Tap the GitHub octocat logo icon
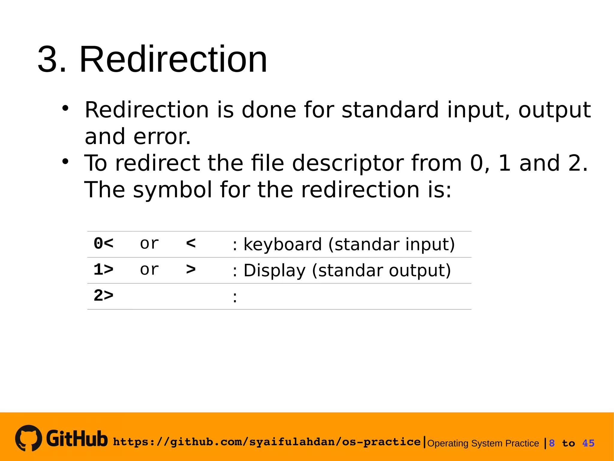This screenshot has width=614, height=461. (x=28, y=438)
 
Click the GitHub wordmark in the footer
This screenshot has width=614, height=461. (x=77, y=438)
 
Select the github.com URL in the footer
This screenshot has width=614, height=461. (x=267, y=442)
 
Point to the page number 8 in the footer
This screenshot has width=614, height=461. (x=552, y=443)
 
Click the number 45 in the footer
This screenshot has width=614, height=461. (x=588, y=443)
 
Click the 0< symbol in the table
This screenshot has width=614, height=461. (x=103, y=243)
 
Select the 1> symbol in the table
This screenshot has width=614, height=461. (x=103, y=270)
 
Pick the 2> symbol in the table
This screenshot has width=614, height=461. (x=103, y=296)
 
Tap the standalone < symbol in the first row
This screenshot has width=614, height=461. (x=191, y=243)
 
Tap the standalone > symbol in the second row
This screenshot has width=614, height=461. (x=191, y=270)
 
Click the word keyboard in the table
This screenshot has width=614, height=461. (x=282, y=244)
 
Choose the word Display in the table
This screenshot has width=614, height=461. (x=274, y=270)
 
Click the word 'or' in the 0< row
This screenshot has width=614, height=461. (x=149, y=243)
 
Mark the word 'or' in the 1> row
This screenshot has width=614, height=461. (x=149, y=270)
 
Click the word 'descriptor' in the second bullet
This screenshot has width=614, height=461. (x=347, y=163)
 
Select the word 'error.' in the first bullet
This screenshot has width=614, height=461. (x=162, y=137)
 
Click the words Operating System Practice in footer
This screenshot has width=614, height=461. (x=483, y=443)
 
